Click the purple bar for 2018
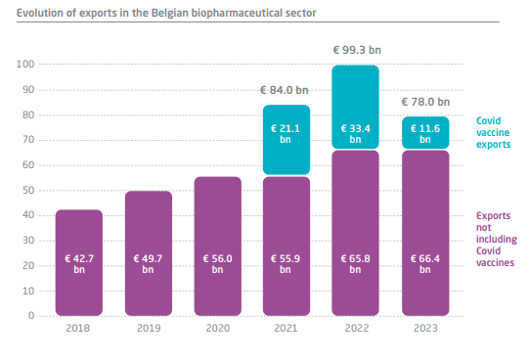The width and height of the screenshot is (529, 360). point(79,262)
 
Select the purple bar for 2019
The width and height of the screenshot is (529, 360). point(149,253)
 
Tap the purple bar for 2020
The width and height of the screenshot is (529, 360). point(218,246)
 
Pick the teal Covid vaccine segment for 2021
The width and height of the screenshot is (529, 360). point(287,140)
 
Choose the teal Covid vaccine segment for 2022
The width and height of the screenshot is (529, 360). point(355,107)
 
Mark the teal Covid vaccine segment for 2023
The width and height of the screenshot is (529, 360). point(425,133)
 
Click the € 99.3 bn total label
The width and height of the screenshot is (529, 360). point(357,50)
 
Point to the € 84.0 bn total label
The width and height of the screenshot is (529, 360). point(285,90)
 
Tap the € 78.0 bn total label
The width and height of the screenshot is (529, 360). point(425,102)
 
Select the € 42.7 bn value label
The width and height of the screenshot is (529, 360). point(79,264)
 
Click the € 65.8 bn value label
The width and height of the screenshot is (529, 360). point(355,264)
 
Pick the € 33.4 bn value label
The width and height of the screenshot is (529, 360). point(355,134)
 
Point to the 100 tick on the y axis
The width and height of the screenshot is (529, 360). point(25,64)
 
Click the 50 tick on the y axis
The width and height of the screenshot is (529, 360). point(28,191)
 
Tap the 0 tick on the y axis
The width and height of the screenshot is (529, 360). point(31,315)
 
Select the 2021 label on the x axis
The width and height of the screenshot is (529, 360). point(286,328)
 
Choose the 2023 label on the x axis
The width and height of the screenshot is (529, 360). point(425,328)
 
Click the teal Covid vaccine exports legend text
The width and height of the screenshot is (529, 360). point(493,133)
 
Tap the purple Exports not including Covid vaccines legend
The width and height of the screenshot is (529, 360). point(497,240)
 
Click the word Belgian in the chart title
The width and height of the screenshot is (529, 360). point(170,13)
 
